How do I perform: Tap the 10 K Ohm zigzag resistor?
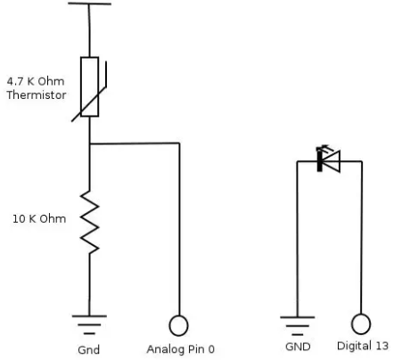coord(89,222)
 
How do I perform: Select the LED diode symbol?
coord(329,161)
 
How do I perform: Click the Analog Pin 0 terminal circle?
coord(178,325)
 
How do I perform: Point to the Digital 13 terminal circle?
coord(361,324)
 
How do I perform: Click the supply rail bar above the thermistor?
coord(89,4)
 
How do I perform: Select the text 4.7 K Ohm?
coord(36,81)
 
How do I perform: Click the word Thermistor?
coord(37,95)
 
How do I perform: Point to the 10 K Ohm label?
coord(39,219)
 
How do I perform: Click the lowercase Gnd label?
coord(88,349)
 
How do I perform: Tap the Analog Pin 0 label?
coord(180,349)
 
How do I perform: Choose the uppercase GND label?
coord(298,347)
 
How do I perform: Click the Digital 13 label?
coord(363,346)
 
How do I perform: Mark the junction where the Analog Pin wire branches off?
coord(90,143)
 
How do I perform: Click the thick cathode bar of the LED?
coord(319,161)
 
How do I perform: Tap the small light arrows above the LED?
coord(323,148)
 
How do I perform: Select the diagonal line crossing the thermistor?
coord(89,104)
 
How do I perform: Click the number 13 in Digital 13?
coord(381,346)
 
